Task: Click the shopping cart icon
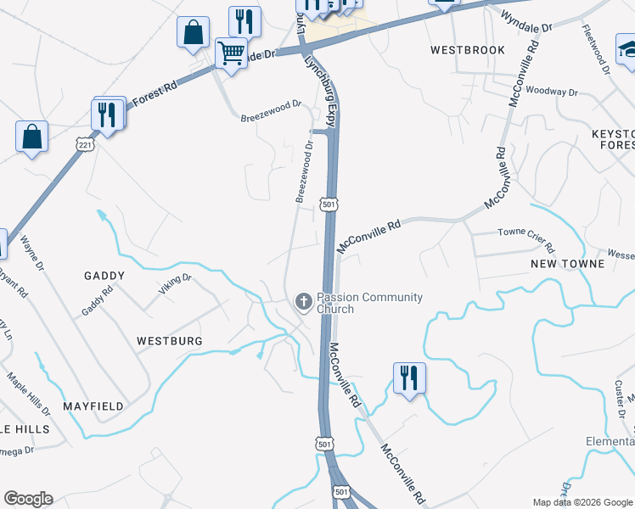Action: [x=231, y=53]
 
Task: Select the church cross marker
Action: [x=302, y=301]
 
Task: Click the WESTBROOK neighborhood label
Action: [x=467, y=50]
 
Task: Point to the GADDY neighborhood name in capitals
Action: [x=104, y=276]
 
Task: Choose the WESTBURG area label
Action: [x=170, y=340]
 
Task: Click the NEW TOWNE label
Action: [x=567, y=264]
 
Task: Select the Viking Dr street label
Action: [x=175, y=284]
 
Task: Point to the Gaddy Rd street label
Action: [x=98, y=300]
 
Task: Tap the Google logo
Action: [x=28, y=499]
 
